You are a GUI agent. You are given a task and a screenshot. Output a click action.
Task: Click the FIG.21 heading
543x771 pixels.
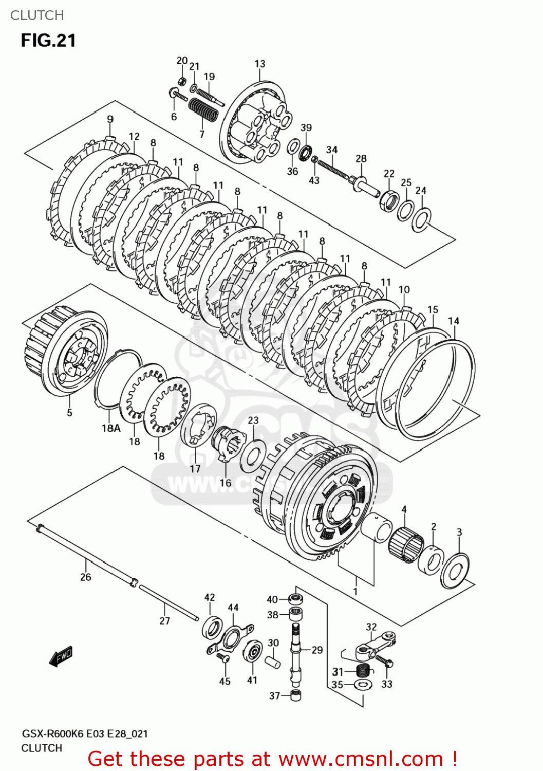(x=48, y=41)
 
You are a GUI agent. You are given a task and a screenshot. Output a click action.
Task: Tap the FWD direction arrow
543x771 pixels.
(x=61, y=656)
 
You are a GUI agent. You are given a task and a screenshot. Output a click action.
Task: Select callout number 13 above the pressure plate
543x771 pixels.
(x=259, y=64)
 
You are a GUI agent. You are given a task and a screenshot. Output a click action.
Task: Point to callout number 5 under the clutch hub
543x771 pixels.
(x=69, y=412)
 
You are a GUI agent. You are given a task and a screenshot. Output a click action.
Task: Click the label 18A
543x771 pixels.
(x=111, y=428)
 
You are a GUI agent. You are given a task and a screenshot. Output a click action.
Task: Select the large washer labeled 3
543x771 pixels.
(x=455, y=570)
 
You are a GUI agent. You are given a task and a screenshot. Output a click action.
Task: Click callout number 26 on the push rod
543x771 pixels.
(x=85, y=577)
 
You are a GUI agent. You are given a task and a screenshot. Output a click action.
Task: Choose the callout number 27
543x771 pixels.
(x=164, y=621)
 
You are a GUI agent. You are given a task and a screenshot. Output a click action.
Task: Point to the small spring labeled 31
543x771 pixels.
(x=363, y=670)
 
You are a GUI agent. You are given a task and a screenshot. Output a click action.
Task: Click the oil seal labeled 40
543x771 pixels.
(x=295, y=599)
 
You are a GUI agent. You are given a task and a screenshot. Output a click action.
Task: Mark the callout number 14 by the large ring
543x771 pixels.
(x=454, y=321)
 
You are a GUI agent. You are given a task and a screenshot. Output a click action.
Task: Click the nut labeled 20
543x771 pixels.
(x=181, y=81)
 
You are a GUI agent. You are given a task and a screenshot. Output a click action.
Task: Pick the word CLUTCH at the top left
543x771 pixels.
(x=37, y=15)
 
